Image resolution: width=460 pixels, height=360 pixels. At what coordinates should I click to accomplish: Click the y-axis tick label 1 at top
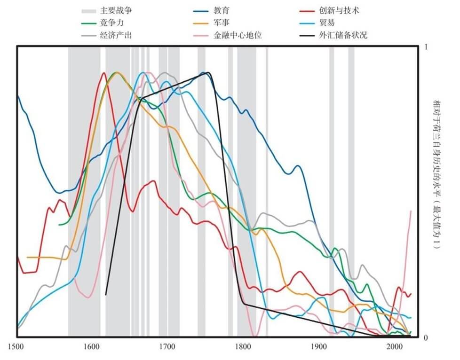click(426, 47)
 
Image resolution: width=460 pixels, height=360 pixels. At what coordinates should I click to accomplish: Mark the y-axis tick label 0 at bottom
click(426, 337)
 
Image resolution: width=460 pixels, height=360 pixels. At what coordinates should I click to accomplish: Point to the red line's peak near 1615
click(104, 73)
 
